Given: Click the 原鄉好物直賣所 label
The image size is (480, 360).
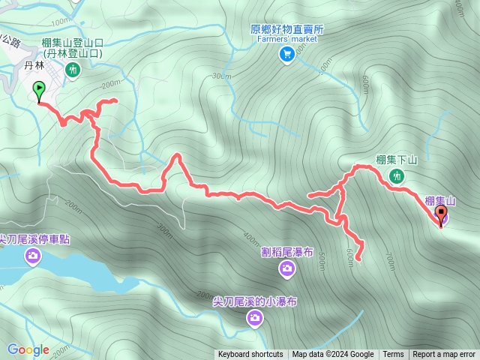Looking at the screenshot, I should [x=287, y=29].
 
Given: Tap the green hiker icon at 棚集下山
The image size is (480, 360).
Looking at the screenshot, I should [x=397, y=176].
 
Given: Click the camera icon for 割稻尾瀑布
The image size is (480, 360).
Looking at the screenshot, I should [x=287, y=268].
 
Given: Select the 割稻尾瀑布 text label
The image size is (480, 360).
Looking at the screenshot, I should [x=286, y=252].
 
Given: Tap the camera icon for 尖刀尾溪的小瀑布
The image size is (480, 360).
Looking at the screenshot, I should [x=255, y=319].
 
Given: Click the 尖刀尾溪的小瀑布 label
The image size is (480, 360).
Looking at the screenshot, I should [x=255, y=301].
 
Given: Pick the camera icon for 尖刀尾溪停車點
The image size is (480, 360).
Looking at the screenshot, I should [x=33, y=257].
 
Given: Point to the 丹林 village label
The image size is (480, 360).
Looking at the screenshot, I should [x=35, y=66].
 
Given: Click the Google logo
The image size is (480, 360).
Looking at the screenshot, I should [x=28, y=349].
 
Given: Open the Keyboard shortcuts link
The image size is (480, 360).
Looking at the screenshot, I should [x=250, y=355].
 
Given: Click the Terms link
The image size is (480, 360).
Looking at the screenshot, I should [x=393, y=355].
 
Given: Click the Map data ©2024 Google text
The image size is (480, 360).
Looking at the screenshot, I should [x=333, y=355].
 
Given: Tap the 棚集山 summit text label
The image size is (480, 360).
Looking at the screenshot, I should [x=440, y=200].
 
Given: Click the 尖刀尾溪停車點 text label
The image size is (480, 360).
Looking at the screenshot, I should [x=34, y=240].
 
